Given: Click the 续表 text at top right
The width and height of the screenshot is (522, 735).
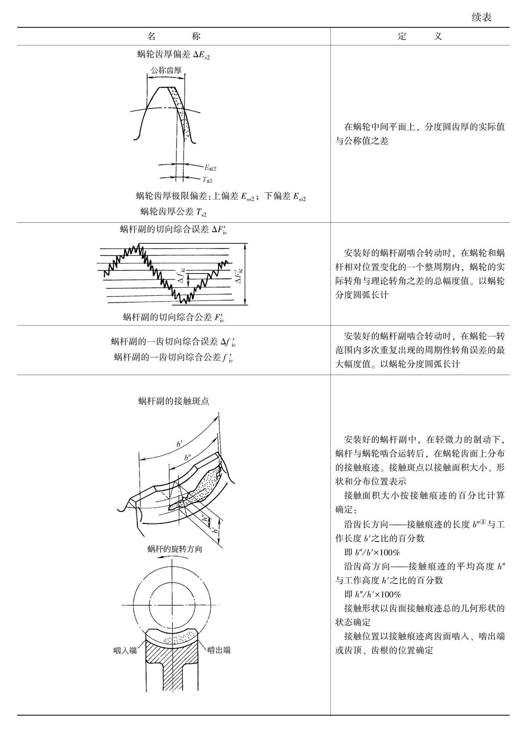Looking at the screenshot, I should [481, 17].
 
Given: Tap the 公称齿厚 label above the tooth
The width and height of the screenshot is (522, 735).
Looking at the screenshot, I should [166, 70].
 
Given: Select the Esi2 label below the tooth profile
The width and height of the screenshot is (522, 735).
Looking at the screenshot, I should [210, 167].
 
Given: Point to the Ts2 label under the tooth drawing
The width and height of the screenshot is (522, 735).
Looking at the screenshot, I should [207, 180].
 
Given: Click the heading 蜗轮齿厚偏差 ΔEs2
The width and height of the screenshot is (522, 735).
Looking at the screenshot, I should [173, 55].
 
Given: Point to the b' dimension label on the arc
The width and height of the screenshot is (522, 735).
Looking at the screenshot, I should [179, 444].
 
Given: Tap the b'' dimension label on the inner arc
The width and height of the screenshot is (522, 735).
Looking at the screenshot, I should [187, 458].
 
